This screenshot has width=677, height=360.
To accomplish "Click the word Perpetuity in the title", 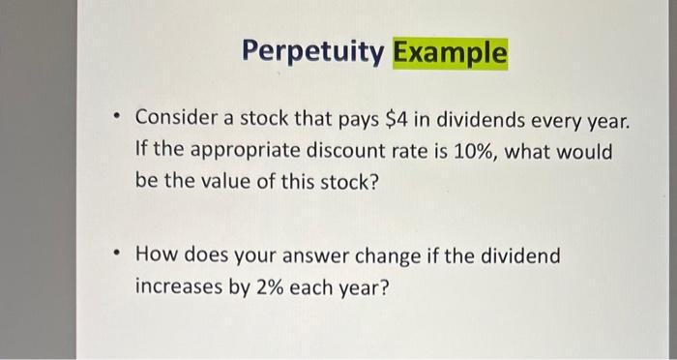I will pos(311,54).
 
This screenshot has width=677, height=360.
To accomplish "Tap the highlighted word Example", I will pos(449,54).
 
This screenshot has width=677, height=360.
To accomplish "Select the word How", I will pos(155,256).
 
